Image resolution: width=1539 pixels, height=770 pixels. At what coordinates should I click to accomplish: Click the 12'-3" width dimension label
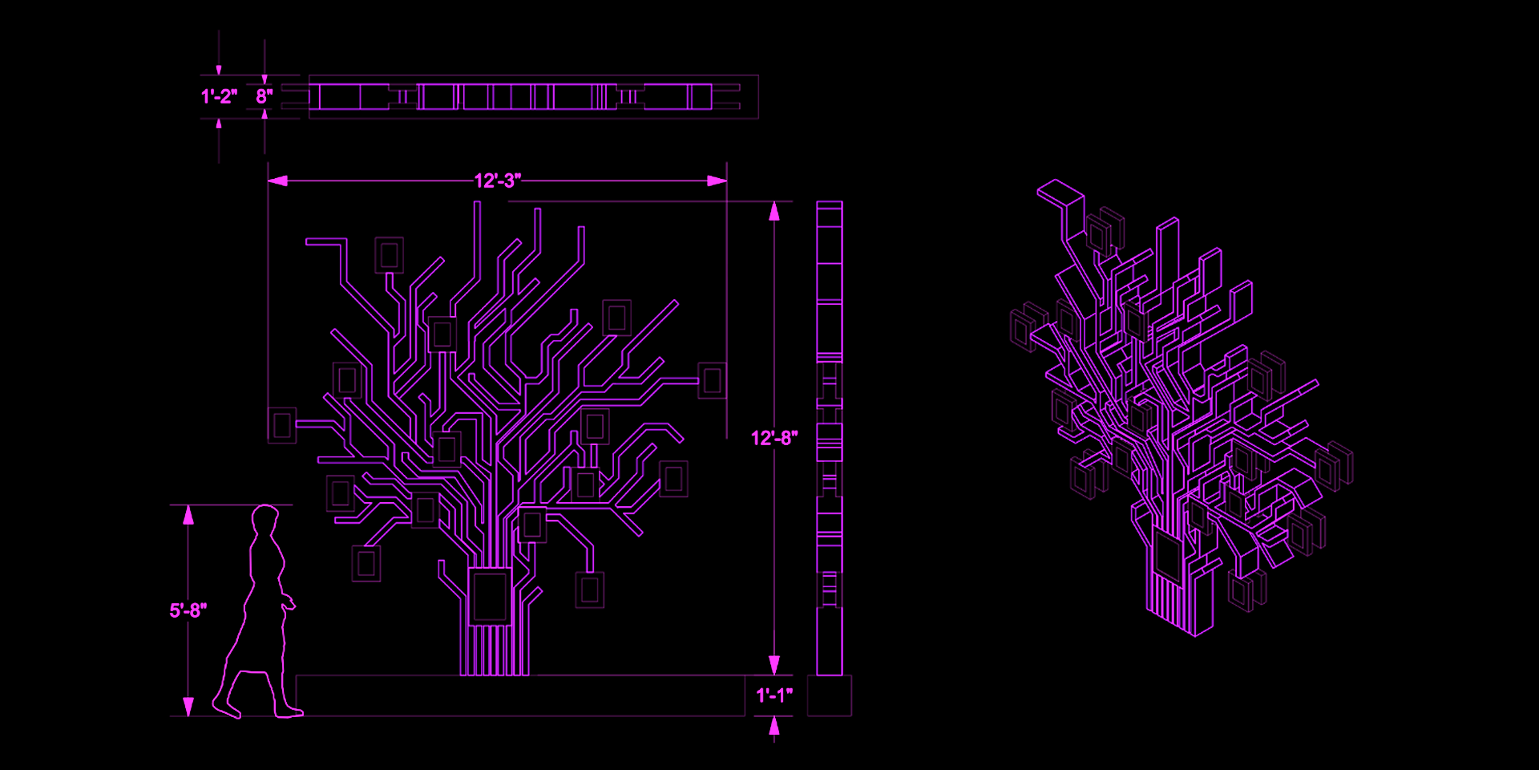coord(497,180)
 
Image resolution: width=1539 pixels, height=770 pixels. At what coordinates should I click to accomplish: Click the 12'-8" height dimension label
coord(774,438)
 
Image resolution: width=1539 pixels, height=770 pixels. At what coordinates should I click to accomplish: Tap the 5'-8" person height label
coord(188,610)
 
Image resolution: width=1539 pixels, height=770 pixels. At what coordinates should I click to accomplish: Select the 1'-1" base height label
coord(774,695)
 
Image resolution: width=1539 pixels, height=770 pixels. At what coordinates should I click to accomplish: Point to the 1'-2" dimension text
coord(219,96)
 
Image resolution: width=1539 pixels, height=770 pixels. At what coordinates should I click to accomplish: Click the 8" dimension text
coord(265,96)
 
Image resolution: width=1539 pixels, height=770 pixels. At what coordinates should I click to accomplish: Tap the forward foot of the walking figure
coord(288,711)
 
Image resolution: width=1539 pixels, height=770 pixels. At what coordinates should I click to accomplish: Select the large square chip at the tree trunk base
coord(491,596)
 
